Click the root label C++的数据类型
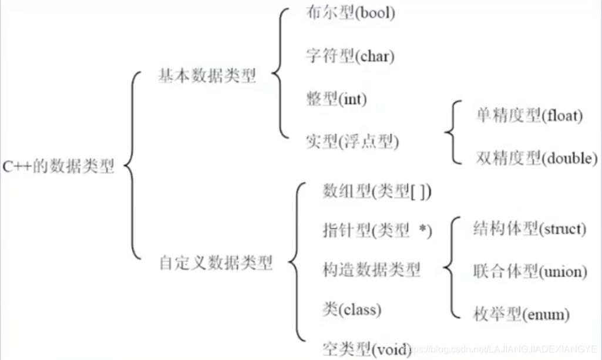[59, 167]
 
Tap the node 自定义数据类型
[216, 263]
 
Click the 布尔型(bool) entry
[350, 14]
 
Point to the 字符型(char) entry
[350, 56]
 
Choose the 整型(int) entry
[336, 99]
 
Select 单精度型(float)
[529, 116]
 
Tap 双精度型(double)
[536, 158]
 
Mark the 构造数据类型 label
[371, 270]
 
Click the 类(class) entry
[352, 309]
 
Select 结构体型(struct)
[529, 229]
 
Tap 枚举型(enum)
[521, 314]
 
